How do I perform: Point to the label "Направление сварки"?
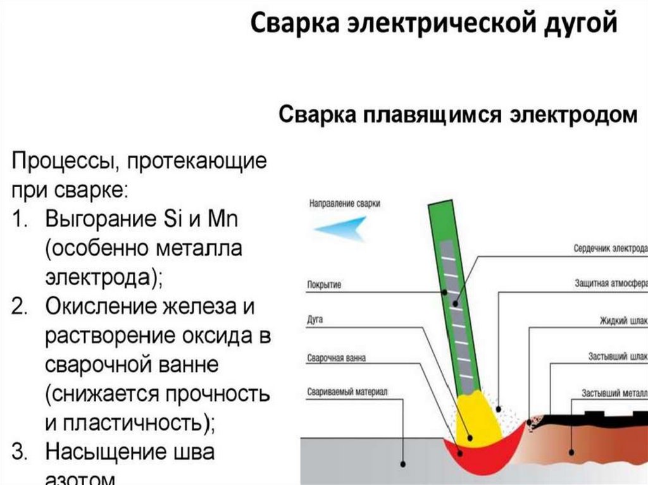tap(345, 204)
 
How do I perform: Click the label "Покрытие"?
tap(323, 285)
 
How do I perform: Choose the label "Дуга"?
tap(315, 320)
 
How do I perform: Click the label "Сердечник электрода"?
tap(609, 247)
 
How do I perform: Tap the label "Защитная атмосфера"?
tap(610, 283)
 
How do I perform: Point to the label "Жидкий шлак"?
tap(623, 320)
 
